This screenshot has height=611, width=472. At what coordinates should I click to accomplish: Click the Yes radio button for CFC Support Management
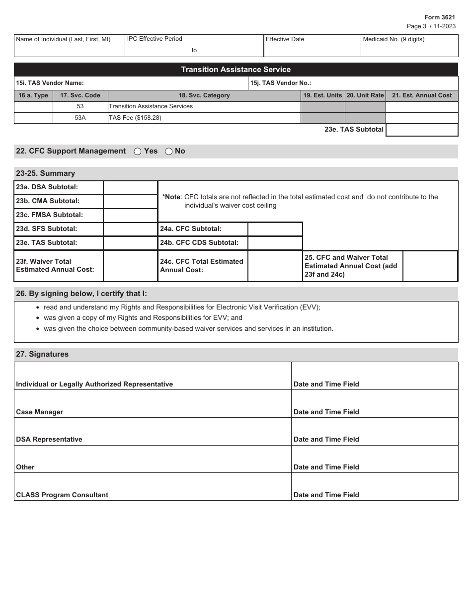tap(138, 152)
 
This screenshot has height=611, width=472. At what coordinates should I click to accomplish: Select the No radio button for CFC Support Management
tap(168, 152)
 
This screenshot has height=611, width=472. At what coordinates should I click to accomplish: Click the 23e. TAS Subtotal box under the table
tap(421, 130)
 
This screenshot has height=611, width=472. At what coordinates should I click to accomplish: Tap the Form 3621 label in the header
tap(439, 17)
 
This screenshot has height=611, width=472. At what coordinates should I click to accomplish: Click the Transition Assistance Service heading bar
tap(236, 70)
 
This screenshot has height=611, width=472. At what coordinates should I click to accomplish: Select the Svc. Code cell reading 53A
tap(80, 118)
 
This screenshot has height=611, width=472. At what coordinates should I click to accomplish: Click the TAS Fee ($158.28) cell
tap(204, 118)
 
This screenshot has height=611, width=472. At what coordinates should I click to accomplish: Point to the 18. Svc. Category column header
tap(204, 95)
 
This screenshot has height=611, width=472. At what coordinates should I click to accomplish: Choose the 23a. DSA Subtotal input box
tap(130, 187)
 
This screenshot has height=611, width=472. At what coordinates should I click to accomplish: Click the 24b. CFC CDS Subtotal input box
tap(275, 243)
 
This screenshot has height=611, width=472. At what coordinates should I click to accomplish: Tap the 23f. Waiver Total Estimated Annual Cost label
tap(58, 266)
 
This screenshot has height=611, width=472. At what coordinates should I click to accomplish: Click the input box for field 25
tap(430, 266)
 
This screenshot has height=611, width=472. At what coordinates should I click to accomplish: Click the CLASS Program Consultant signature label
tap(62, 495)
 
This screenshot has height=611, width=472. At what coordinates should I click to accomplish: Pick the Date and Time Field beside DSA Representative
tap(374, 431)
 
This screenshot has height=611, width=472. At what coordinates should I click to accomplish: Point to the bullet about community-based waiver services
tap(188, 328)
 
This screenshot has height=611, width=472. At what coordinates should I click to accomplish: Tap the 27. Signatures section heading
tap(42, 354)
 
